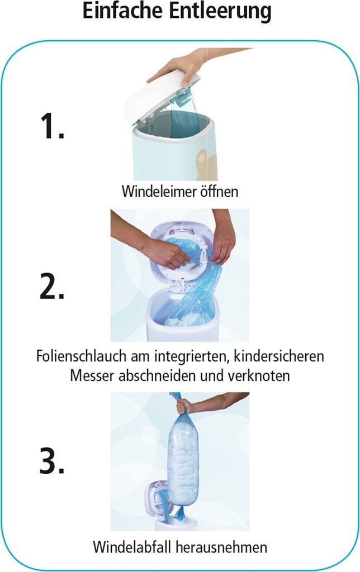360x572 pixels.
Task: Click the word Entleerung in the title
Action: click(220, 12)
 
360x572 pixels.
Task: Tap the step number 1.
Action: click(52, 126)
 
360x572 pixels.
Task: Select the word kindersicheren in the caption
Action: click(279, 356)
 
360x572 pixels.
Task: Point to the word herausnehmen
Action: click(221, 547)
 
